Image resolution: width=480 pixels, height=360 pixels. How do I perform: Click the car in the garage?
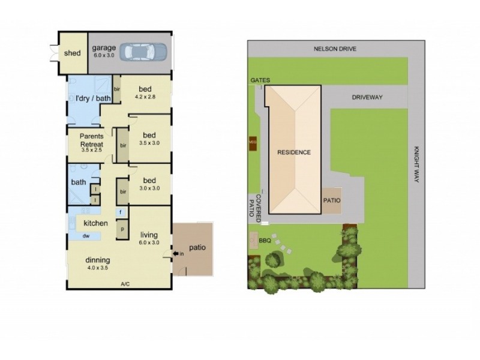pos(145,52)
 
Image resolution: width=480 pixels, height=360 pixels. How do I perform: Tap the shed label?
pos(72,53)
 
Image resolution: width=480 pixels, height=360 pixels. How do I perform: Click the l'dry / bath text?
pos(89,98)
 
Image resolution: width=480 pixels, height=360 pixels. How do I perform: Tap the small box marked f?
pos(121,212)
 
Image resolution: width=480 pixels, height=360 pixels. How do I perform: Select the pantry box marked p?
pos(122,229)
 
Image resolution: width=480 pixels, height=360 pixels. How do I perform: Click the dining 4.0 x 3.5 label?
pos(97,264)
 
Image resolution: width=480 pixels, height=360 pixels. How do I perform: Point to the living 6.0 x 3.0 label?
pos(149,238)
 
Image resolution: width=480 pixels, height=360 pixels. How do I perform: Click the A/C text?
pos(125,284)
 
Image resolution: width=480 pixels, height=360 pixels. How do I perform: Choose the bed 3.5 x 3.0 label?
pos(149,139)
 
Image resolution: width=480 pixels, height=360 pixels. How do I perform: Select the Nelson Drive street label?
pos(335,49)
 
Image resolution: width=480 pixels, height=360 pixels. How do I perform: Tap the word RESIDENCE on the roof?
pos(294,152)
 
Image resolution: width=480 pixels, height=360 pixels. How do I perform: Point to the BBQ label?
pos(265,241)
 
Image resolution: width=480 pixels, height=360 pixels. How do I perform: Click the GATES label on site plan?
pos(261,80)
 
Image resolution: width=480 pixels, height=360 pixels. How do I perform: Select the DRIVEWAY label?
pos(367,97)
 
